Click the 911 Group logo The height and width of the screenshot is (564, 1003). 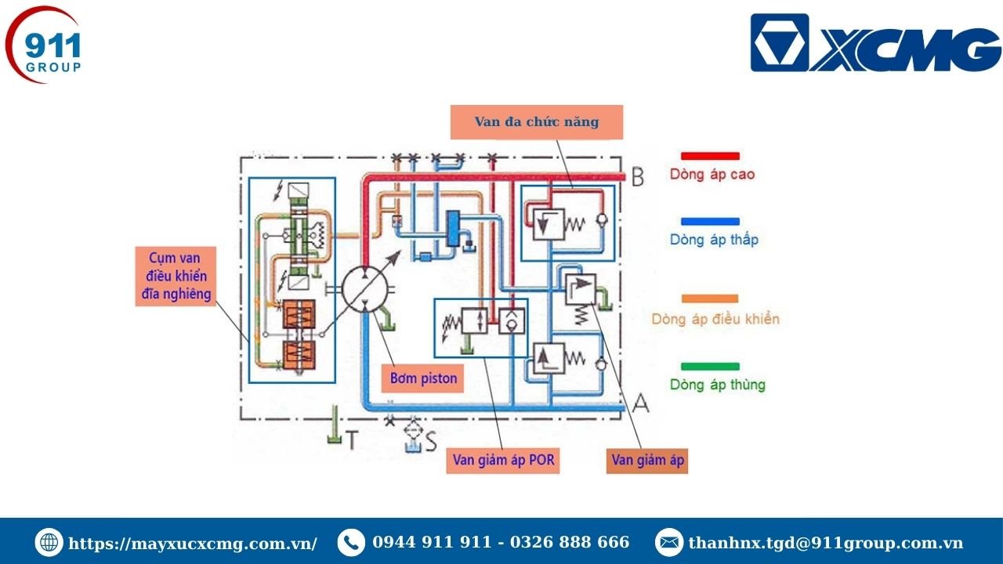pos(45,47)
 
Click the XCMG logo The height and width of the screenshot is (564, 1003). pos(875,43)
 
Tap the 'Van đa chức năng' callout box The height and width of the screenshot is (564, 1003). pos(537,122)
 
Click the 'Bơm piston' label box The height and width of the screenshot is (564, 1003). pos(424,379)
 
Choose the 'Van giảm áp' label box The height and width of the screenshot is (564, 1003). pos(647,460)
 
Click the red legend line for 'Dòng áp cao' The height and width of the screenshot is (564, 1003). pos(710,156)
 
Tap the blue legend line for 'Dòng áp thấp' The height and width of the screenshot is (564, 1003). pos(710,222)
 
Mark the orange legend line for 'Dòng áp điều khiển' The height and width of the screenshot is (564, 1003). pos(710,298)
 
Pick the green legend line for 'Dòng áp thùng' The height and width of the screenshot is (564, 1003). pos(710,366)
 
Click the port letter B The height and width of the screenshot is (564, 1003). pos(638,178)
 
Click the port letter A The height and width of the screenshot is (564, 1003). pos(640,403)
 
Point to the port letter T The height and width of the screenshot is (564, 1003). pos(352,441)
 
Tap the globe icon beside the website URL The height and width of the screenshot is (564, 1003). pos(49,542)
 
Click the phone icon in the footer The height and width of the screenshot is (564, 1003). pos(350,542)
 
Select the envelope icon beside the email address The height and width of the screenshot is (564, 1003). pos(668,542)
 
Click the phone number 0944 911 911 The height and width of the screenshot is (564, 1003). pos(432,542)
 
